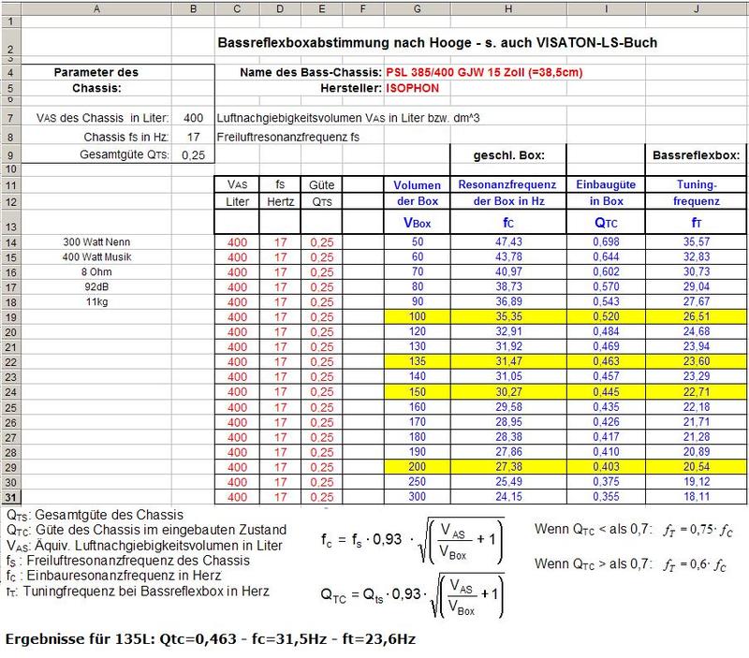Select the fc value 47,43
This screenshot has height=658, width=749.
click(x=509, y=241)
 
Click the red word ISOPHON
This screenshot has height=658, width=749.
click(x=412, y=88)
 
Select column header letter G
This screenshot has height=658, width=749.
click(x=417, y=8)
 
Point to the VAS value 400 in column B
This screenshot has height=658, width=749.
click(x=194, y=118)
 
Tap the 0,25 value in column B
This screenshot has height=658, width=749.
click(x=194, y=154)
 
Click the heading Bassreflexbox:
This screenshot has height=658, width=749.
click(x=693, y=154)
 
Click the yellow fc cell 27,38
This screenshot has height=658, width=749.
click(x=509, y=465)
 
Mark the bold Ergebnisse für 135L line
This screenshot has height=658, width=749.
click(x=211, y=638)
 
